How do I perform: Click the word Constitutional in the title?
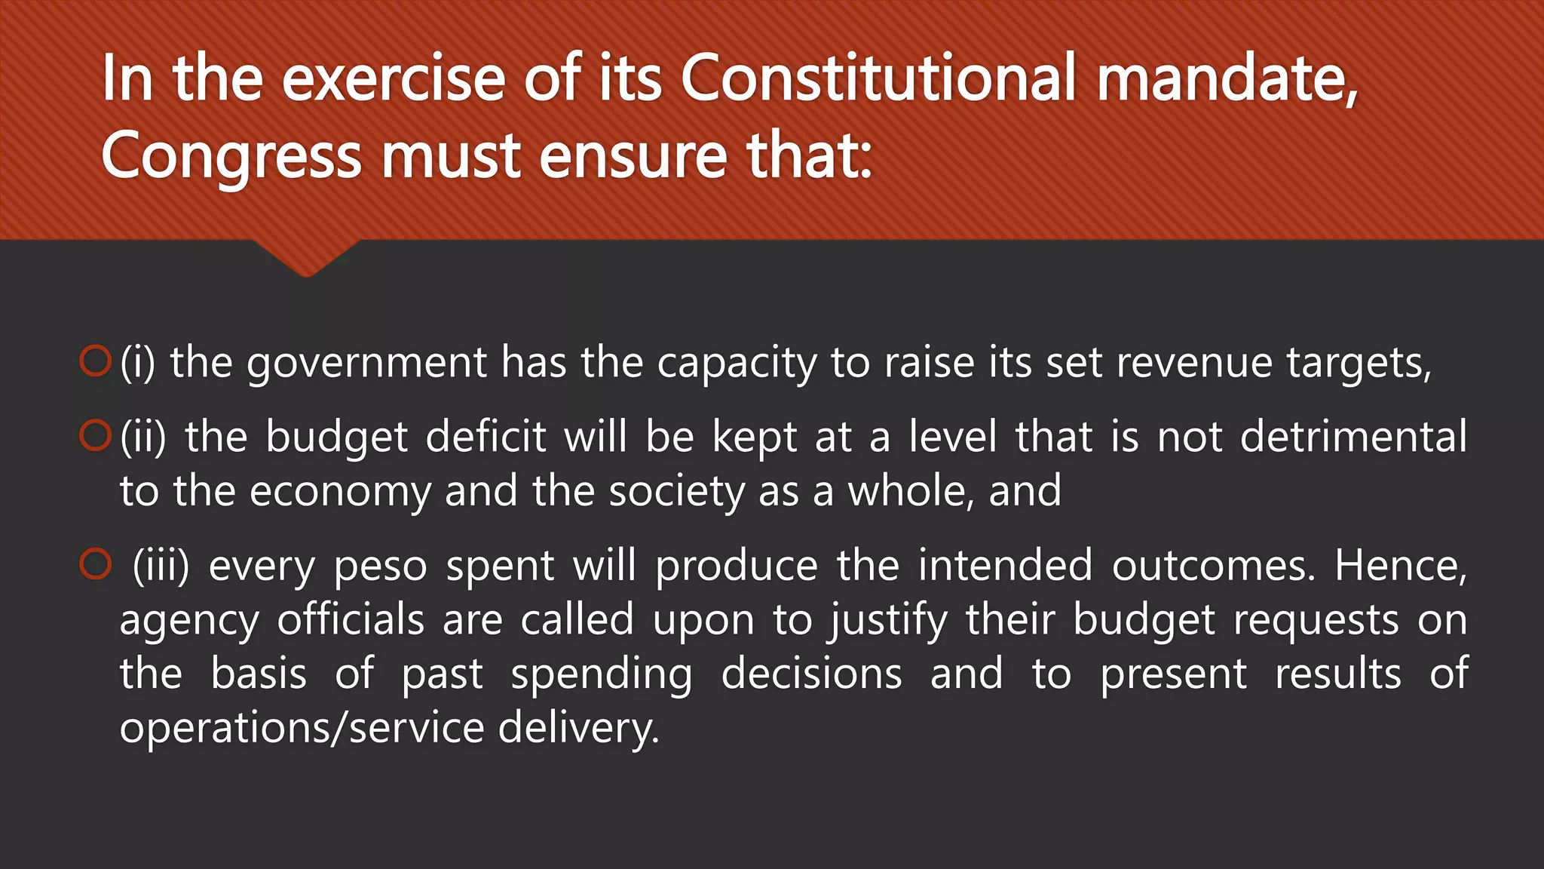tap(878, 78)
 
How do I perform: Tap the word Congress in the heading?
tap(231, 157)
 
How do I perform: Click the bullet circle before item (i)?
tap(95, 361)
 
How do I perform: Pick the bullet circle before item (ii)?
tap(95, 435)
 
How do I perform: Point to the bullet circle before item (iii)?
tap(95, 564)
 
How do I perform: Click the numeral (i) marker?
tap(137, 362)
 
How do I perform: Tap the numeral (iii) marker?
tap(161, 566)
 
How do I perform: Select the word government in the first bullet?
tap(366, 364)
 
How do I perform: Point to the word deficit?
tap(486, 437)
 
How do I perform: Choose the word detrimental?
tap(1353, 437)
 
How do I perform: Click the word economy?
tap(340, 492)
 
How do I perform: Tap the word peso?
tap(380, 567)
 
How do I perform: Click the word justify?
tap(888, 621)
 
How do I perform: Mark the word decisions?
tap(811, 674)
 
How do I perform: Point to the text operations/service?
tap(302, 728)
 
